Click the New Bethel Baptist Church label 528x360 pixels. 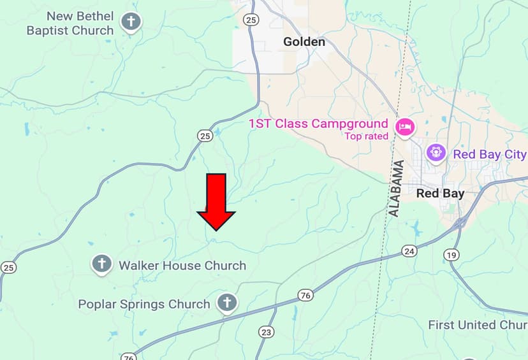click(70, 23)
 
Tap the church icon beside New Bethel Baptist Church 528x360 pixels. click(131, 22)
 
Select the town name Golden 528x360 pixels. click(304, 42)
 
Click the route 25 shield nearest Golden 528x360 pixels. click(251, 20)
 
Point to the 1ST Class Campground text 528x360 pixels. click(318, 124)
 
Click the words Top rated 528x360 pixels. click(367, 136)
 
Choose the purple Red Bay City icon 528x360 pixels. click(436, 153)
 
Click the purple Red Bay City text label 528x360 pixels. click(490, 154)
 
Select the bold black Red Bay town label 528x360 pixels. click(440, 193)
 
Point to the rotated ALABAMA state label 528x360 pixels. click(397, 188)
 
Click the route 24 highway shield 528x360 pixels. click(409, 252)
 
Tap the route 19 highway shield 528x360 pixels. click(451, 255)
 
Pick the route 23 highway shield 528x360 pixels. click(266, 332)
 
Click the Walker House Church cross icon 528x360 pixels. click(101, 263)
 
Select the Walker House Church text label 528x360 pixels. click(182, 265)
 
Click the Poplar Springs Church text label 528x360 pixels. click(144, 304)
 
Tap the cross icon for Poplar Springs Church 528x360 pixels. click(226, 303)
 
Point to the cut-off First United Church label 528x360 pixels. click(477, 325)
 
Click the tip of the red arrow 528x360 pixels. click(216, 229)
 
